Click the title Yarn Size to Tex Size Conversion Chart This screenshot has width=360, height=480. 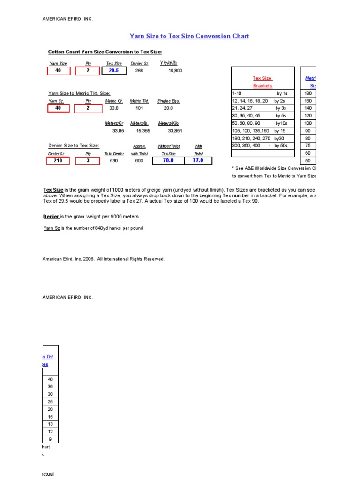coord(189,36)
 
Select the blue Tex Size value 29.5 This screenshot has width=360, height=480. coord(114,71)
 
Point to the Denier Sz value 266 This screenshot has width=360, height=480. coord(139,71)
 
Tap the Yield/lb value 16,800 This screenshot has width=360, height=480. coord(175,71)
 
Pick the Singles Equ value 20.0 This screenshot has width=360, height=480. coord(168,108)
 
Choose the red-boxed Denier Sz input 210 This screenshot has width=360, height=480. coord(58,160)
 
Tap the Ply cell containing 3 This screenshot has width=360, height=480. coord(87,160)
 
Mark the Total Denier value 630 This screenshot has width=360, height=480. coord(114,160)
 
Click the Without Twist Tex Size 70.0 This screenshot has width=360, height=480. coord(168,160)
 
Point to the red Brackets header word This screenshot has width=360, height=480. coord(262,86)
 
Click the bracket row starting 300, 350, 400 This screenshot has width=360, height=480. coord(262,146)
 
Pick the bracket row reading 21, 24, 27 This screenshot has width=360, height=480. coord(262,108)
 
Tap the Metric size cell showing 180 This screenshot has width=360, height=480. coord(308,93)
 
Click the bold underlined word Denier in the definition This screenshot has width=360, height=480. coord(51,216)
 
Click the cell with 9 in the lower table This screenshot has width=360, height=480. coord(50,439)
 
